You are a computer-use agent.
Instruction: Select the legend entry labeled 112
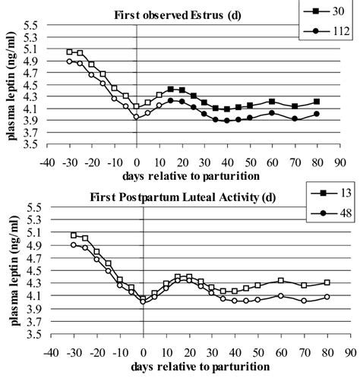(332, 30)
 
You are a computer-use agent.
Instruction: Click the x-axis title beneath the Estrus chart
(179, 176)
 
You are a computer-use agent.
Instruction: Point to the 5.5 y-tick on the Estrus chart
(30, 25)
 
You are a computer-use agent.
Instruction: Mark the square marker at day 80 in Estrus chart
(317, 101)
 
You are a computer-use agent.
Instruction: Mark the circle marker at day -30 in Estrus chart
(70, 61)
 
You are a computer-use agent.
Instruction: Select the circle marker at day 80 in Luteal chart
(327, 297)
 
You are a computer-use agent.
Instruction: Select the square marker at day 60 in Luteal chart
(281, 281)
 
